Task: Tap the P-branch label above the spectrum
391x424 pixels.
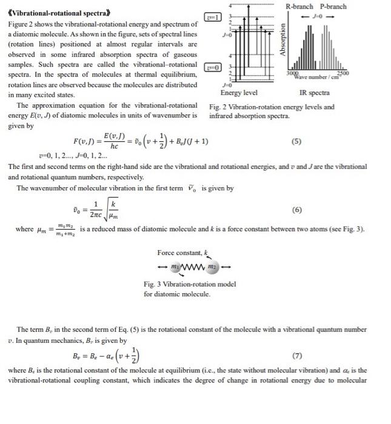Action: pyautogui.click(x=333, y=6)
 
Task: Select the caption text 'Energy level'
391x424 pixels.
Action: pyautogui.click(x=239, y=93)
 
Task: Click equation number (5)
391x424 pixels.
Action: pyautogui.click(x=296, y=142)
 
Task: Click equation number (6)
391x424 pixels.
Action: pyautogui.click(x=296, y=210)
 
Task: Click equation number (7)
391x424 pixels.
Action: pyautogui.click(x=296, y=355)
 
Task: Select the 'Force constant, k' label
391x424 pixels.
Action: pyautogui.click(x=182, y=253)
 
